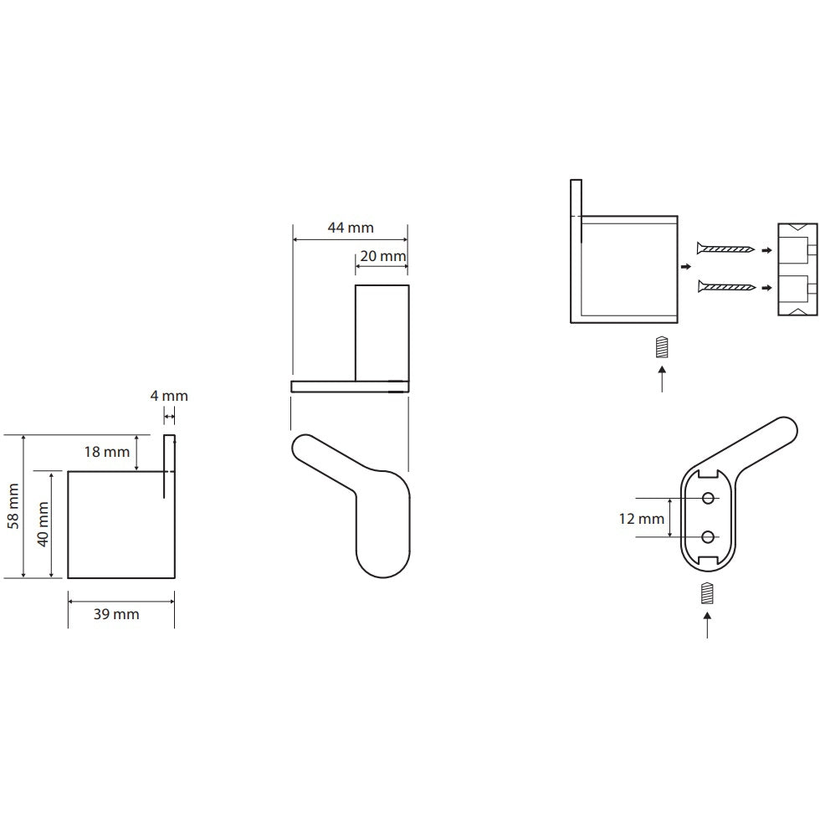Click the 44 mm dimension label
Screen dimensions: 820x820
pos(351,228)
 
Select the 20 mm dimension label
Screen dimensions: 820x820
pos(383,256)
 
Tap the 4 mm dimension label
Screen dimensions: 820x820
pos(169,396)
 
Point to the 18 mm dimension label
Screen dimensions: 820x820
pos(107,452)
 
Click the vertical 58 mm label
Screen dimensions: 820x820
pos(13,506)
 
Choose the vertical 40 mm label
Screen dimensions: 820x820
pos(43,525)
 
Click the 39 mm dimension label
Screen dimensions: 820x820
pos(116,614)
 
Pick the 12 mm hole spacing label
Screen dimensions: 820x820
pos(641,519)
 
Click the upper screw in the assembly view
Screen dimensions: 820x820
pos(726,249)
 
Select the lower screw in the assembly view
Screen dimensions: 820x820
pos(727,286)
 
